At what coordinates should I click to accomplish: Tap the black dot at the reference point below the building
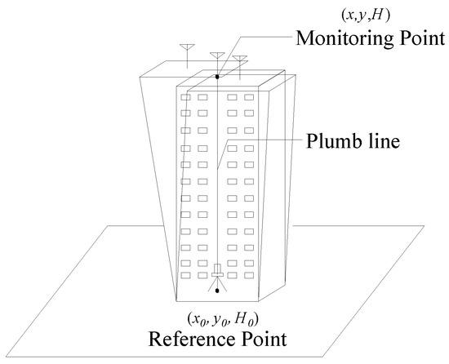217,288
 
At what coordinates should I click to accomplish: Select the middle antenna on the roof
217,56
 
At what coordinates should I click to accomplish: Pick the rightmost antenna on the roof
240,60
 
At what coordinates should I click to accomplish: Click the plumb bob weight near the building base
217,273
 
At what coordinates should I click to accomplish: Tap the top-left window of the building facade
185,97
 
